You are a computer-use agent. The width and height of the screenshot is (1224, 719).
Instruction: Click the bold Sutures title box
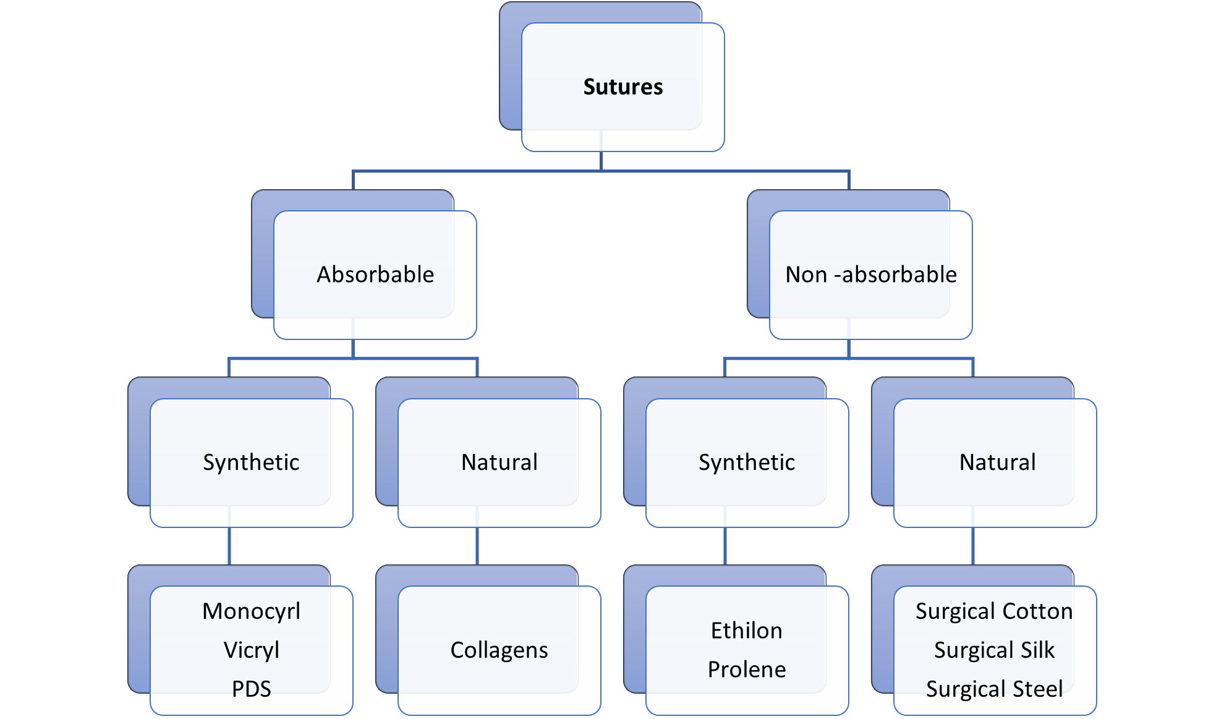[x=623, y=87]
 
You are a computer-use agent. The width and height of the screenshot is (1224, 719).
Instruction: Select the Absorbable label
[x=375, y=274]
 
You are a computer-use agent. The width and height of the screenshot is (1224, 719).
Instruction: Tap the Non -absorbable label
[x=870, y=274]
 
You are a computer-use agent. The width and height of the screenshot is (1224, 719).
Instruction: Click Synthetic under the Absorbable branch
[x=251, y=462]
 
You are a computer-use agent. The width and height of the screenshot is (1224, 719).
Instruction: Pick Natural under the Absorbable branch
[x=499, y=462]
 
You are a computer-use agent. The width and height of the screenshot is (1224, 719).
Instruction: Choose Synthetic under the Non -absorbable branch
[x=747, y=462]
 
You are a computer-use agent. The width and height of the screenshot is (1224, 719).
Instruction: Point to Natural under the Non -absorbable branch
[x=997, y=462]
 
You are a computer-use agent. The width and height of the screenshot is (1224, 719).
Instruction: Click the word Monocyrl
[x=251, y=611]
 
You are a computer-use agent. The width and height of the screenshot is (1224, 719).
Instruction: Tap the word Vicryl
[x=251, y=650]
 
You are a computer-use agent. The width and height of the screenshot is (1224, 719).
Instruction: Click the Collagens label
[x=499, y=650]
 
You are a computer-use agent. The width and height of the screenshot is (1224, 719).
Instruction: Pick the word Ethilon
[x=747, y=631]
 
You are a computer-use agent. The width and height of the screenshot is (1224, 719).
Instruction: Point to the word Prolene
[x=747, y=670]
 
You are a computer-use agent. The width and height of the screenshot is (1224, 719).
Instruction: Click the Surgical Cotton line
[x=994, y=611]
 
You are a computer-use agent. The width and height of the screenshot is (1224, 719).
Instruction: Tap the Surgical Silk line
[x=994, y=650]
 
